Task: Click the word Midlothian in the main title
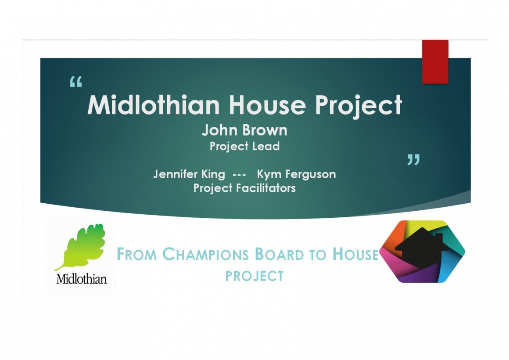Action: coord(154,105)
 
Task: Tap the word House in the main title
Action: coord(267,105)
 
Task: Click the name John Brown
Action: coord(244,130)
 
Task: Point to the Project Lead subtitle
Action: coord(244,146)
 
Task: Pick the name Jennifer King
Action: coord(189,174)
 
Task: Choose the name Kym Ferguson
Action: coord(296,174)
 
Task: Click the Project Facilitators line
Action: coord(244,188)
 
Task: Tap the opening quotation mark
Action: coord(76,82)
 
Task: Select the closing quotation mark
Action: coord(413,159)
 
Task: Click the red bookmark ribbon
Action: coord(435,62)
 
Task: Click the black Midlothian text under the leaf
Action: coord(82,279)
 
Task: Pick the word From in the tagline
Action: coord(136,254)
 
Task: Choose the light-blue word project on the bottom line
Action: coord(254,276)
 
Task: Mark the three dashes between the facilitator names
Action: coord(239,175)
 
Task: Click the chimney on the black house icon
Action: coord(438,237)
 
